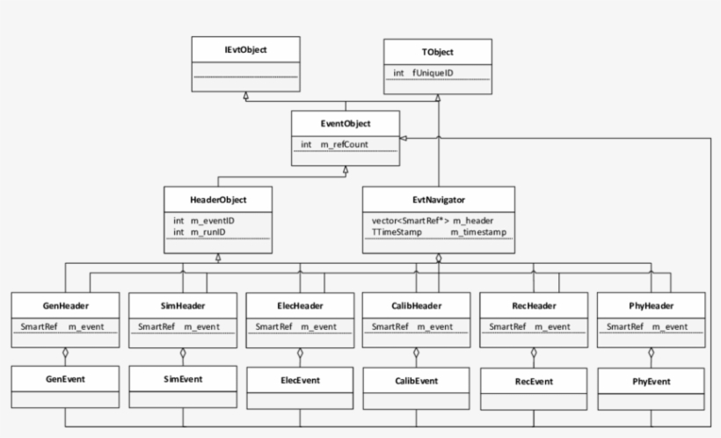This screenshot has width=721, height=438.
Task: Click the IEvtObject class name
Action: (x=245, y=51)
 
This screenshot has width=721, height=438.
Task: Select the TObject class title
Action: (x=437, y=51)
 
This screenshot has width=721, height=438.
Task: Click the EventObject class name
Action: (x=346, y=123)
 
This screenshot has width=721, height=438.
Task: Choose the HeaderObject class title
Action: (x=217, y=199)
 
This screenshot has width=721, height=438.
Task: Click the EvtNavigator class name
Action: (x=437, y=199)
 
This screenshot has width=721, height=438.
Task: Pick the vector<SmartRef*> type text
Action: (x=405, y=219)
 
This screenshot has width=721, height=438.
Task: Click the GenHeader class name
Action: (x=65, y=305)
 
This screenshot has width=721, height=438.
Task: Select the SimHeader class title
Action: (x=183, y=305)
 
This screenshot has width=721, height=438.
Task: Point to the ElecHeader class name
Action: (x=300, y=305)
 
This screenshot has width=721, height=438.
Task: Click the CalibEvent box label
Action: (x=417, y=381)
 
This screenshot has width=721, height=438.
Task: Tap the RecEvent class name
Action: (x=534, y=382)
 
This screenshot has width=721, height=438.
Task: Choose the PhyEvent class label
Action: (x=652, y=381)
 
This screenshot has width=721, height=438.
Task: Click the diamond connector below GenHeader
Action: (x=65, y=355)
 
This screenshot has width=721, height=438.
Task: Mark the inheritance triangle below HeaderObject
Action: (x=218, y=257)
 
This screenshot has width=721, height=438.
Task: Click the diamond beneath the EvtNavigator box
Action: (x=438, y=258)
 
